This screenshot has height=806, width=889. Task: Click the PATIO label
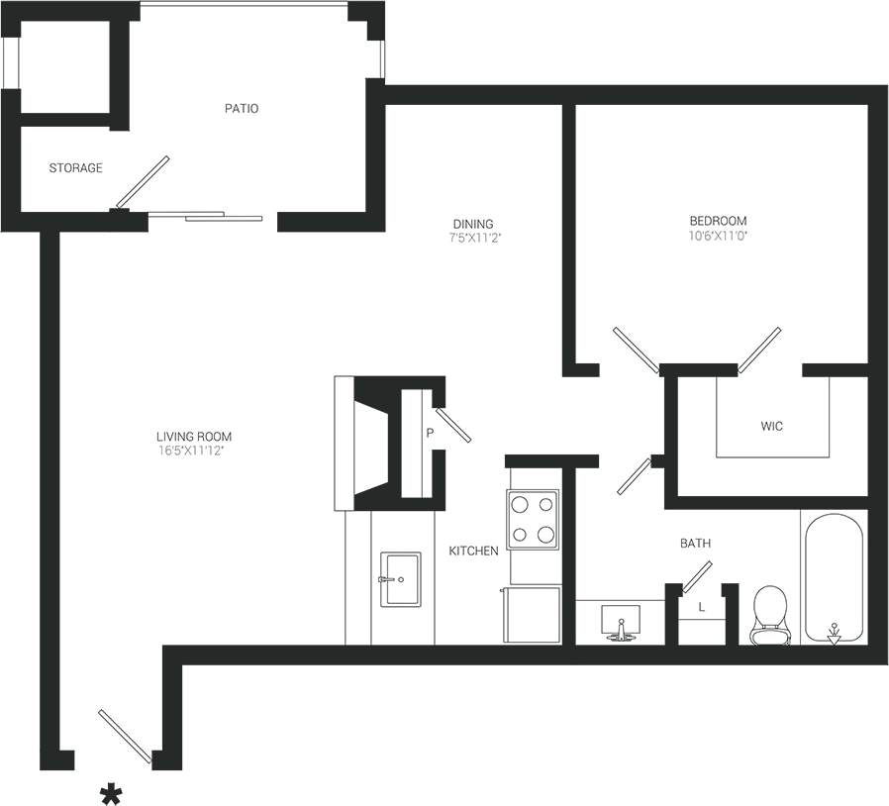[241, 108]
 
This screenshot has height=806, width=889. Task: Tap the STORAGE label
[75, 168]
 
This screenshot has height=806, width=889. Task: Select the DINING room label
[472, 224]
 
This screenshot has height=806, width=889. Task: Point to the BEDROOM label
[718, 221]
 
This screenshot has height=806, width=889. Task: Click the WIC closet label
[772, 427]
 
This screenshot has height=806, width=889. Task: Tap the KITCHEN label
[473, 551]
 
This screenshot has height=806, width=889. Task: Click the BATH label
[694, 544]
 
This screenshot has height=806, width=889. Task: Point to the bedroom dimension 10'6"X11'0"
[718, 236]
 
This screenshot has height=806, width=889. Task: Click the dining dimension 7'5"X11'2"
[472, 238]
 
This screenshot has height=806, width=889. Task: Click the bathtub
[834, 578]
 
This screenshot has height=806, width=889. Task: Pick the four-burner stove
[534, 520]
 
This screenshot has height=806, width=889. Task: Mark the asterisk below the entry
[112, 793]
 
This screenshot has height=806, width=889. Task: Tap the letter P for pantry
[430, 433]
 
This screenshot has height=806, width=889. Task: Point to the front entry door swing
[125, 738]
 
